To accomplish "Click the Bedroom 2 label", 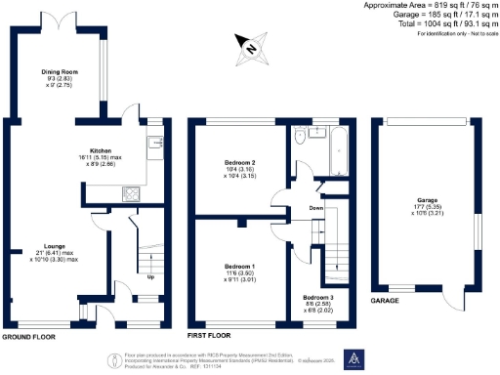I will [239, 162].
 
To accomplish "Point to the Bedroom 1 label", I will [239, 267].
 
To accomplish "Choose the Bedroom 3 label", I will [317, 296].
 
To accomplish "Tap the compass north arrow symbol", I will [249, 46].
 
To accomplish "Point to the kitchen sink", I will [155, 146].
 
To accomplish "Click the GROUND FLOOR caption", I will [28, 337].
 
